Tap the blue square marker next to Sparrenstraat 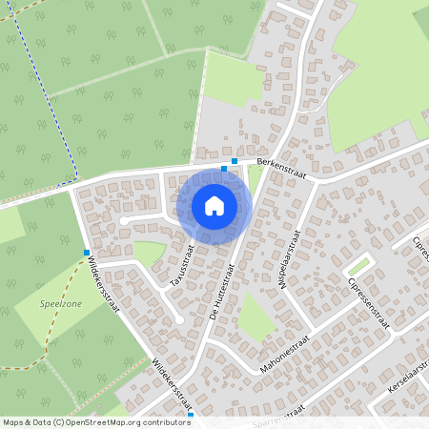coord(191,416)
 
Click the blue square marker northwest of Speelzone coord(87,253)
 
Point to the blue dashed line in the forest coord(58,105)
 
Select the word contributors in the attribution coord(164,422)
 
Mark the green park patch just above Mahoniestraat coord(255,317)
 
